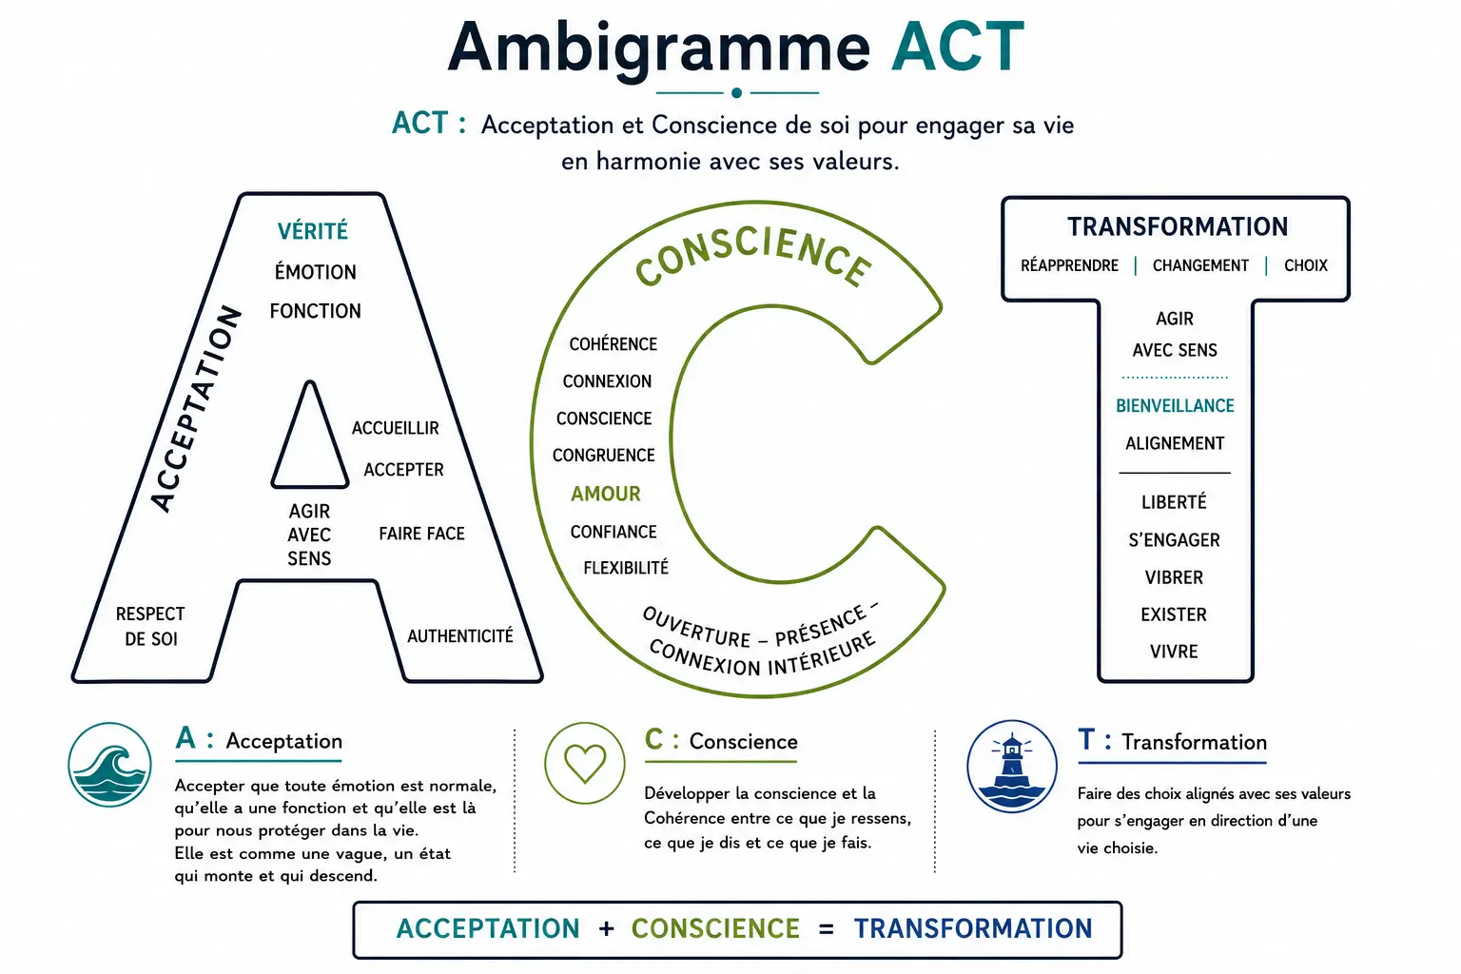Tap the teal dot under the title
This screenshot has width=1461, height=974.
pos(736,92)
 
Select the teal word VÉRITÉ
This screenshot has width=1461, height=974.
pos(312,231)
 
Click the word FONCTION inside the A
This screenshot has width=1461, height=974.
pos(315,311)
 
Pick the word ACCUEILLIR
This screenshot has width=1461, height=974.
pos(396,428)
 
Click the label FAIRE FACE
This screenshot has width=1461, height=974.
pos(421,534)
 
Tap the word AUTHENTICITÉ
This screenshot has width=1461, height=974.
pos(460,636)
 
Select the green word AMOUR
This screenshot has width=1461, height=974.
pos(606,494)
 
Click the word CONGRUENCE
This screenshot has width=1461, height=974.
pos(603,456)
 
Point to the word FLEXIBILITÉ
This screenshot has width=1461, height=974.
pos(626,568)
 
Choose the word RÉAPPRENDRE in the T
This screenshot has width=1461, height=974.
pos(1069,265)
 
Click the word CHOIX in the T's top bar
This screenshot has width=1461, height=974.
pos(1306,265)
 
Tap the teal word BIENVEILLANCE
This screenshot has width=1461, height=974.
pos(1175,406)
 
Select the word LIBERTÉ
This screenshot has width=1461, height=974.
pos(1174,502)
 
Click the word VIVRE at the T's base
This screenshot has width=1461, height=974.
pos(1174,652)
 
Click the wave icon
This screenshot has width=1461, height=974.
pos(109,764)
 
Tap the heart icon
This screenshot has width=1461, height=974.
pos(584,763)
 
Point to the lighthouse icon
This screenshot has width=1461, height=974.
pos(1012,766)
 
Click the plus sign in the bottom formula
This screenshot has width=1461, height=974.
pos(607,928)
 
